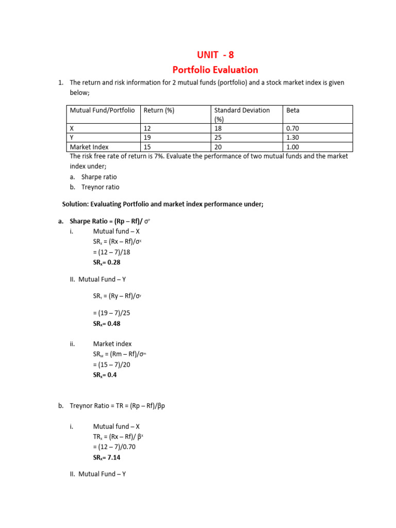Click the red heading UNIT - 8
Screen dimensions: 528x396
pos(215,55)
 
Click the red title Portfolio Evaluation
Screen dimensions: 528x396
pos(215,70)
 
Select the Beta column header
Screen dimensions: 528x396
pos(293,110)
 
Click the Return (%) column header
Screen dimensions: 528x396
pos(158,110)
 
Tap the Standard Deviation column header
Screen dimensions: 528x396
pos(242,110)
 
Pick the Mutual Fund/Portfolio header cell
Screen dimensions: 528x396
pos(102,110)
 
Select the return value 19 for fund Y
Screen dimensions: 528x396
pos(147,138)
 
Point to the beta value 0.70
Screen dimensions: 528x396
pos(292,128)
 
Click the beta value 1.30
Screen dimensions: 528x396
pos(292,138)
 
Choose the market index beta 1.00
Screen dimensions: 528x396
pos(292,147)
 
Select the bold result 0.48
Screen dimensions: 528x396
pos(107,324)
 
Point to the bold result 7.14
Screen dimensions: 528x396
pos(107,457)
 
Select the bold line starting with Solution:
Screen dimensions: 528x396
pos(162,204)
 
